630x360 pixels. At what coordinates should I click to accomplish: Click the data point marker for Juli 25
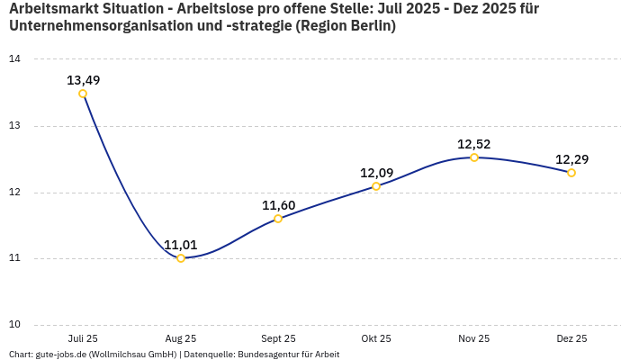83,94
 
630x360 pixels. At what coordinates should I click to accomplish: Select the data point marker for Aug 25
181,258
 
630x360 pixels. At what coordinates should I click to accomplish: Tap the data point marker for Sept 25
278,219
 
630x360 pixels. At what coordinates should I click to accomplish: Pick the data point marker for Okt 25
376,186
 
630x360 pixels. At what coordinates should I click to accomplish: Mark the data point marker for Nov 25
474,157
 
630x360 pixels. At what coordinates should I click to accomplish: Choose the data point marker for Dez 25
571,173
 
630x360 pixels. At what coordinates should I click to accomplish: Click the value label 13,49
83,80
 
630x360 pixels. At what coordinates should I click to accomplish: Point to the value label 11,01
181,245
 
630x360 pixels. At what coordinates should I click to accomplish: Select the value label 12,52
474,144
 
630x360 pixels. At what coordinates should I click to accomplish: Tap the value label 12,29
571,159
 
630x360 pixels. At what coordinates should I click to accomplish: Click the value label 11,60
278,205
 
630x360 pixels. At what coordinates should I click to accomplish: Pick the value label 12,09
376,173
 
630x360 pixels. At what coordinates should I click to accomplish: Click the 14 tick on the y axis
14,59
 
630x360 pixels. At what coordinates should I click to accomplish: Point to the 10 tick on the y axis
14,325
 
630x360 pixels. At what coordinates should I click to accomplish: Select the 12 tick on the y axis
14,193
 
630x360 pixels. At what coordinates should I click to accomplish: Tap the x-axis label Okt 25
376,338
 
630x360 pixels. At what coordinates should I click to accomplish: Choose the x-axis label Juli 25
83,338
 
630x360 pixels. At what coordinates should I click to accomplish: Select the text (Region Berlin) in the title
346,26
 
